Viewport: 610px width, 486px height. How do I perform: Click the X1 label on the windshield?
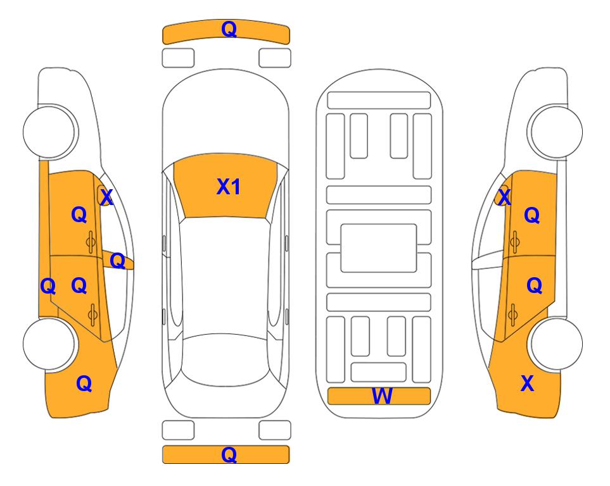coord(229,187)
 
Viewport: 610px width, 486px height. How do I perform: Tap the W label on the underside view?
coord(381,396)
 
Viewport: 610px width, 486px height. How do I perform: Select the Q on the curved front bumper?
coord(229,28)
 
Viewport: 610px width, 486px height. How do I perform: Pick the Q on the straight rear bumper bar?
coord(229,454)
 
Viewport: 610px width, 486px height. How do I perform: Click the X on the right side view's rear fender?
coord(527,383)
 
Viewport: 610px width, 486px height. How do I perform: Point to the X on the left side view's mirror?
coord(106,197)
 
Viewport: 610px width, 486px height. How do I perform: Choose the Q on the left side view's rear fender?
coord(84,383)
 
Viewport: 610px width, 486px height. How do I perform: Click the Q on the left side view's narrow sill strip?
coord(48,287)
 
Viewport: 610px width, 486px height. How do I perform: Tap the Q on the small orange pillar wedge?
coord(117,261)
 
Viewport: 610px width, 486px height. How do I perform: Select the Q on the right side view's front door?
coord(532,215)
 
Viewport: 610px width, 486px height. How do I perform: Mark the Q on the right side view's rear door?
coord(534,286)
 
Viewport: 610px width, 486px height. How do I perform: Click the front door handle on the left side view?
coord(91,242)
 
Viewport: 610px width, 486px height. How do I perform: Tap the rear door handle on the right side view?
coord(512,315)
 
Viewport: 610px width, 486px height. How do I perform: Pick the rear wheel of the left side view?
coord(49,344)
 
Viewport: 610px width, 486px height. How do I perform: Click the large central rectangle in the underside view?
coord(379,248)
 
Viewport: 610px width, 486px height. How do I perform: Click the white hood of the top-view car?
coord(226,116)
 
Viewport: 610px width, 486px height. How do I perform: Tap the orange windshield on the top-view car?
coord(226,186)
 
